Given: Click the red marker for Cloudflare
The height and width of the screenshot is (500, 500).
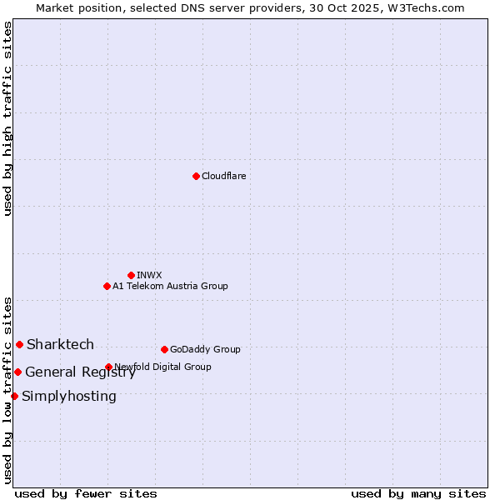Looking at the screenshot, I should [x=196, y=176].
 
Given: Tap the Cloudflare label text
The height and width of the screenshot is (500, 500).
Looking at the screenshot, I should [x=224, y=176].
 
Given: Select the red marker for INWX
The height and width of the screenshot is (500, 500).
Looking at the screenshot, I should [x=131, y=275].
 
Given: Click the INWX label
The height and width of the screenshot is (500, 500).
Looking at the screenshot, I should [x=149, y=275].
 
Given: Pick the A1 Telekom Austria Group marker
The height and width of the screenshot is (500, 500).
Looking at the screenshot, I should [x=107, y=286].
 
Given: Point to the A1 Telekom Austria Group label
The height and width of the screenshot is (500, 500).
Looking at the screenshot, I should [x=170, y=286].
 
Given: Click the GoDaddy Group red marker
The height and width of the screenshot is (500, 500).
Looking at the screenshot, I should [x=164, y=349].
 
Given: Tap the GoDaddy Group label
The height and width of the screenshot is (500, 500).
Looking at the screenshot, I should [x=205, y=349].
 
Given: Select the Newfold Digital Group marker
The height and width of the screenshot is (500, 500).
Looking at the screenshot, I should [x=108, y=367].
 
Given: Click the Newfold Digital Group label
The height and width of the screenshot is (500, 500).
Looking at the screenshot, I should [x=163, y=367].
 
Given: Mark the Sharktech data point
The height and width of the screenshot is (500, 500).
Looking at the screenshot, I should [x=19, y=344].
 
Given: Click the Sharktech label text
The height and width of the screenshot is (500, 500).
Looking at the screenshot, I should [x=60, y=344].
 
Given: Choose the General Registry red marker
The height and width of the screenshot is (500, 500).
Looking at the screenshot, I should [x=17, y=372].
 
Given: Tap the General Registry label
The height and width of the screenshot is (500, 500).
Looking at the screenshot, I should [x=80, y=372].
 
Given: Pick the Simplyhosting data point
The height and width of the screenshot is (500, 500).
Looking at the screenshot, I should [x=14, y=396].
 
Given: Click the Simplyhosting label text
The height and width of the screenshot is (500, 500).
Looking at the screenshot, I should [x=69, y=397].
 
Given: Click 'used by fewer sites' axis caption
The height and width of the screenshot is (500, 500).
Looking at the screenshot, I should [x=86, y=493].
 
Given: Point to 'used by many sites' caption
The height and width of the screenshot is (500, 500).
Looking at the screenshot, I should [x=418, y=493].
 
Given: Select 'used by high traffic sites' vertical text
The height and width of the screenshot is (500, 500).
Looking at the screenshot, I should [x=8, y=118].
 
